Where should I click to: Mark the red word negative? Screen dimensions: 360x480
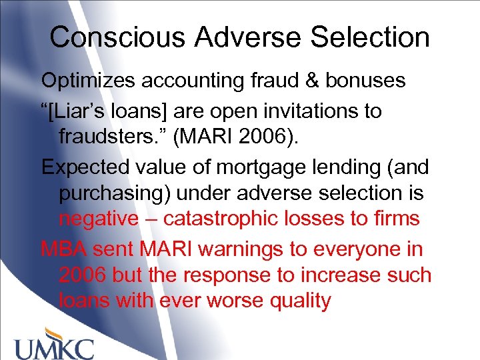pyautogui.click(x=100, y=218)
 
